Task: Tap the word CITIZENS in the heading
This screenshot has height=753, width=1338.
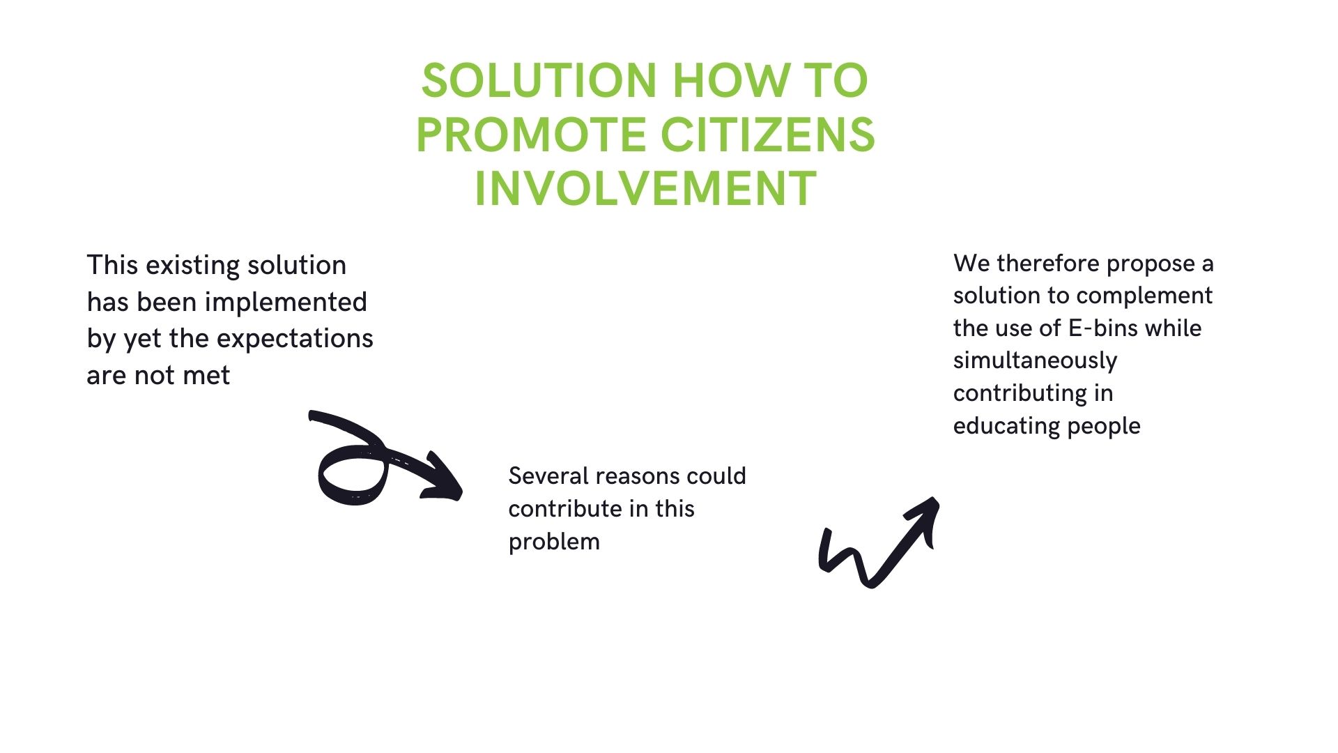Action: [767, 135]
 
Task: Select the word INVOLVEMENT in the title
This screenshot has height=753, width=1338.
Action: [645, 188]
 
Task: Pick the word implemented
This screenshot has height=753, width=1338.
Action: [286, 302]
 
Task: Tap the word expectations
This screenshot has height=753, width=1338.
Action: [296, 339]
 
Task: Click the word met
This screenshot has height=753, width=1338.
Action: [206, 376]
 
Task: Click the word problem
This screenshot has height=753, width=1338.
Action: [554, 542]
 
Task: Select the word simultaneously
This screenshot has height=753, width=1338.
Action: [1035, 360]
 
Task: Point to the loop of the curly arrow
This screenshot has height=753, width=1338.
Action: [352, 474]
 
